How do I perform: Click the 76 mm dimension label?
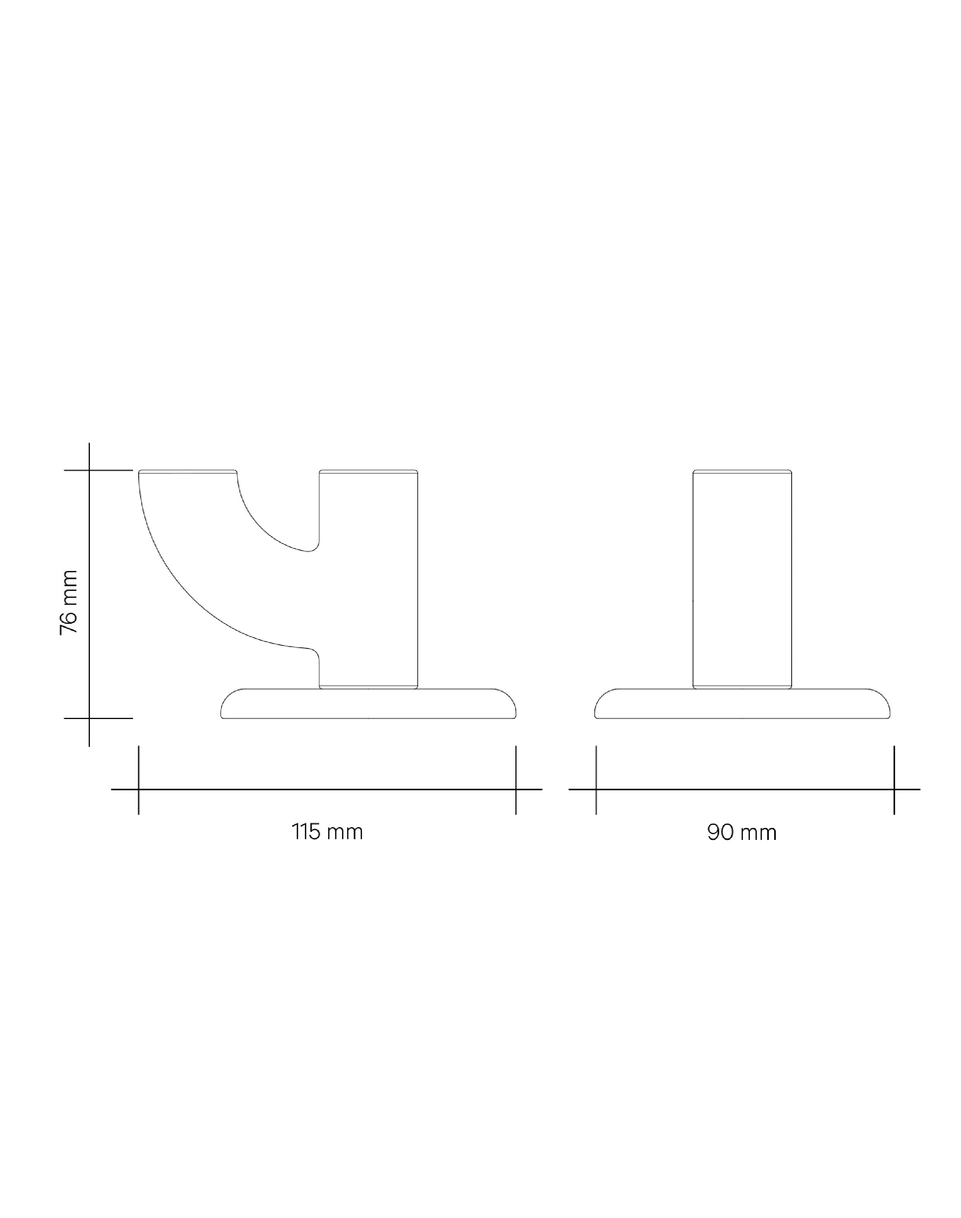click(69, 602)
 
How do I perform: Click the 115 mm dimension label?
click(327, 831)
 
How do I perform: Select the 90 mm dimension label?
click(742, 832)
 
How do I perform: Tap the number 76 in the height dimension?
click(69, 621)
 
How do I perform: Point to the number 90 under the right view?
click(720, 832)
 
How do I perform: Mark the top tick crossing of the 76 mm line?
click(89, 470)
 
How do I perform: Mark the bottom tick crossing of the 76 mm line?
click(89, 718)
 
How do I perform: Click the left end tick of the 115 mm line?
click(138, 789)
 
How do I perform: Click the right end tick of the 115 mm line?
click(516, 789)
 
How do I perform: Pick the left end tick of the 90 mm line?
click(596, 789)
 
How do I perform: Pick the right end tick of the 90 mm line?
click(894, 789)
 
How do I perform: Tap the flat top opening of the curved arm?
click(188, 471)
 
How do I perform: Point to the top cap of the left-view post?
click(369, 471)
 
